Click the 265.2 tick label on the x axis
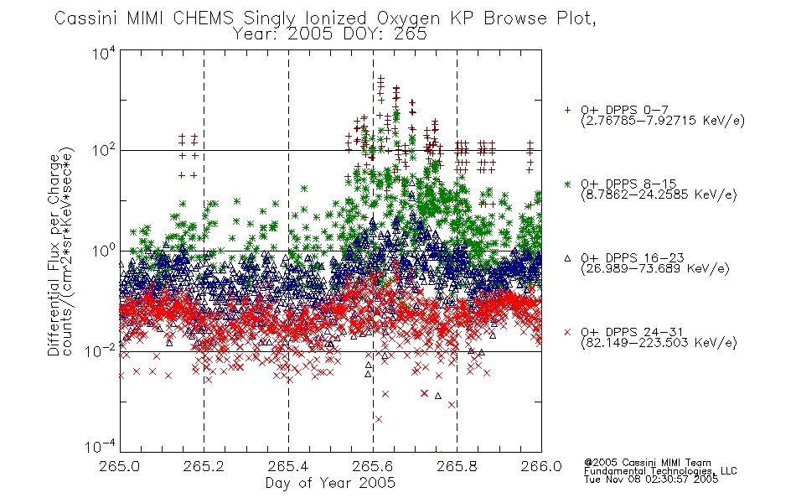click(204, 466)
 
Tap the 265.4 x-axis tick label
click(288, 466)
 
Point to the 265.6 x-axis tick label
click(373, 466)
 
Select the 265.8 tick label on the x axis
click(457, 466)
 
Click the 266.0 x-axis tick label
click(541, 466)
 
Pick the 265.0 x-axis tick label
click(119, 466)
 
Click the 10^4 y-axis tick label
click(104, 53)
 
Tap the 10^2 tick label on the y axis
click(104, 151)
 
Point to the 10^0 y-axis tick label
click(104, 251)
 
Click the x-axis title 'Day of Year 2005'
click(330, 483)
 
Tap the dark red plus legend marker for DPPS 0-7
click(567, 110)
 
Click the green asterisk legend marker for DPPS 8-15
click(567, 184)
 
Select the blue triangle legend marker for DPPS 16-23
click(567, 258)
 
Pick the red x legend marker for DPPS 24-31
click(567, 332)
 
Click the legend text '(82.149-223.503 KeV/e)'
click(659, 342)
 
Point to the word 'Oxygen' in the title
click(408, 18)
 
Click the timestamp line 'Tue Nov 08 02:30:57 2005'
click(651, 479)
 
